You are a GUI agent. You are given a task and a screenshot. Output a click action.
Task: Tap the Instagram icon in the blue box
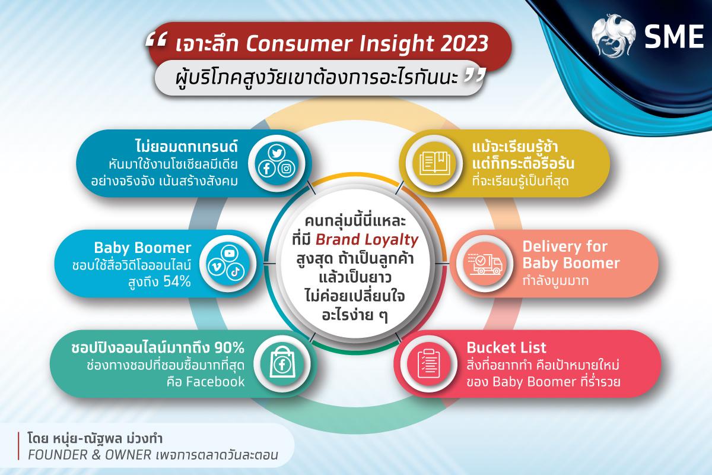(287, 169)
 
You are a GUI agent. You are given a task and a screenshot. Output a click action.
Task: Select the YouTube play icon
(230, 254)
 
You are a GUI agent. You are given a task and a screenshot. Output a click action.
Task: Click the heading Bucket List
(506, 347)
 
